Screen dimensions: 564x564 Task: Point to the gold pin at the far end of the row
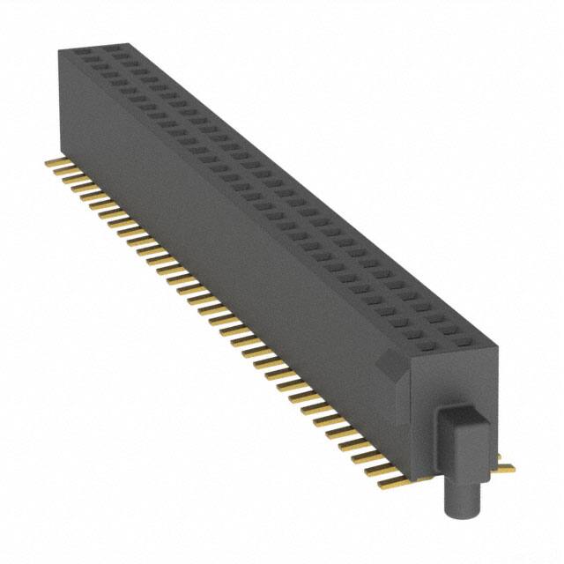pyautogui.click(x=53, y=162)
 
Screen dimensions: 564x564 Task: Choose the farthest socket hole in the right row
pyautogui.click(x=115, y=52)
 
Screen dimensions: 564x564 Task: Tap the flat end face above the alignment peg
pyautogui.click(x=449, y=379)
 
